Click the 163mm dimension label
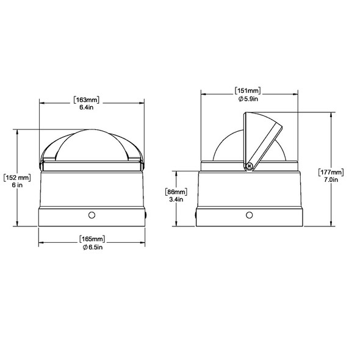click(x=86, y=100)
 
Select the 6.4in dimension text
click(x=87, y=107)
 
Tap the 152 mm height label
click(x=17, y=178)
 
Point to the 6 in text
click(x=17, y=185)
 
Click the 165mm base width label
click(x=92, y=239)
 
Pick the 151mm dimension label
click(x=248, y=90)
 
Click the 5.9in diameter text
click(x=251, y=99)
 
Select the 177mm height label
click(x=331, y=171)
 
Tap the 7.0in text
click(x=331, y=179)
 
